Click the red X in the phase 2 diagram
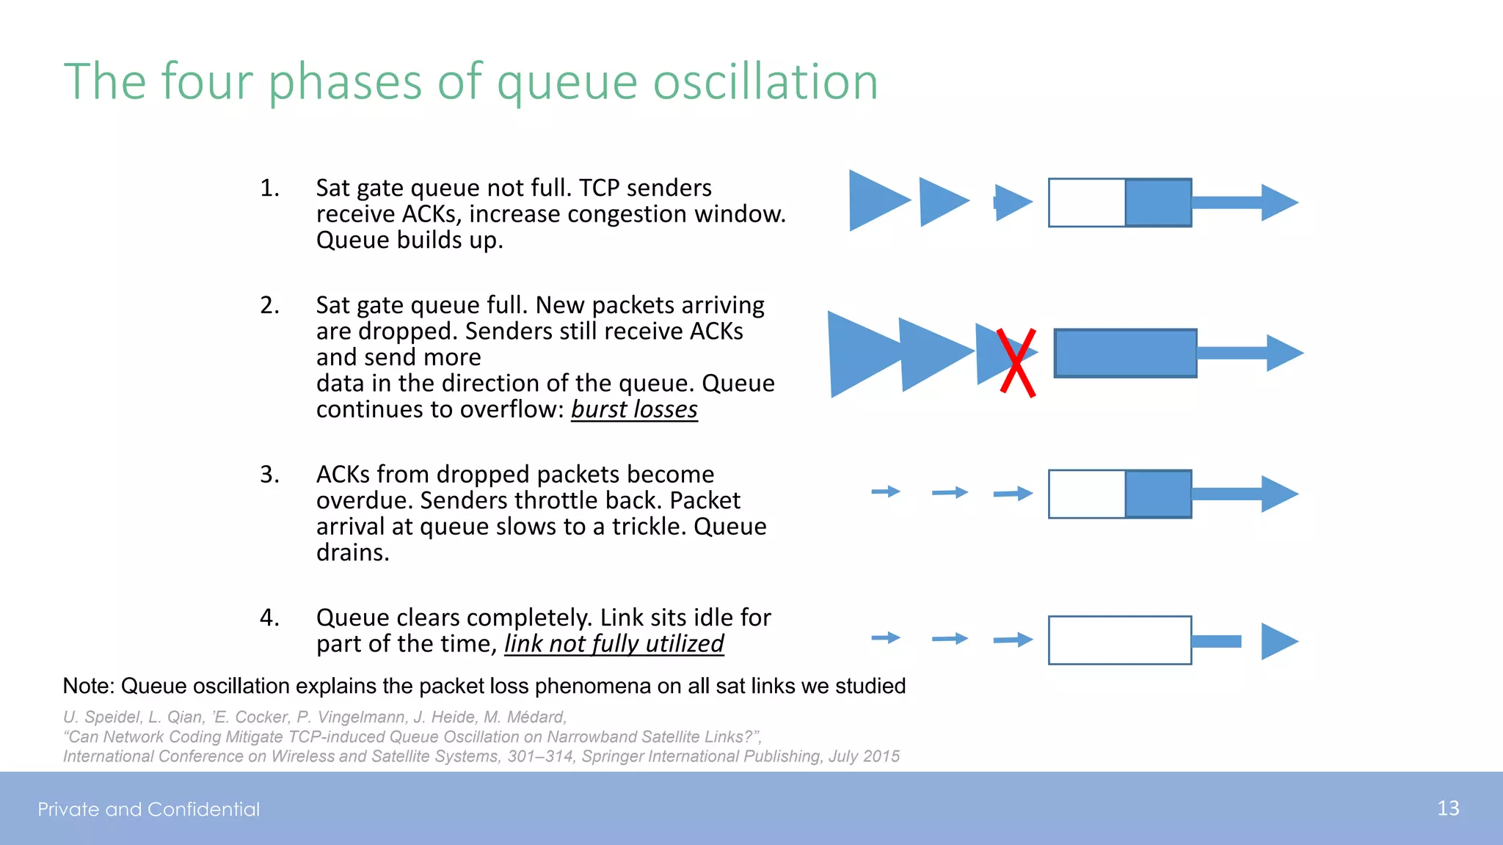tap(1016, 362)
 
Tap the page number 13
tap(1448, 808)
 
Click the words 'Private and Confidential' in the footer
tap(149, 809)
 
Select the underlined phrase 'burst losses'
tap(634, 409)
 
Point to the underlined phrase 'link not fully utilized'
tap(614, 644)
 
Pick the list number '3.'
tap(269, 475)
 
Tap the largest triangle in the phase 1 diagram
tap(875, 200)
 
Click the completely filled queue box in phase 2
tap(1125, 353)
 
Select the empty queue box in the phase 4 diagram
tap(1119, 640)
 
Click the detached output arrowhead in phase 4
tap(1278, 641)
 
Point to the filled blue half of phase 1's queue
tap(1158, 202)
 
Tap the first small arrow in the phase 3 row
tap(886, 491)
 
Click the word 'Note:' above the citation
tap(89, 686)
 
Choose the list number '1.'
tap(269, 189)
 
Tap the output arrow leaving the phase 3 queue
tap(1245, 494)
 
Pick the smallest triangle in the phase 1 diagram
tap(1012, 202)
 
